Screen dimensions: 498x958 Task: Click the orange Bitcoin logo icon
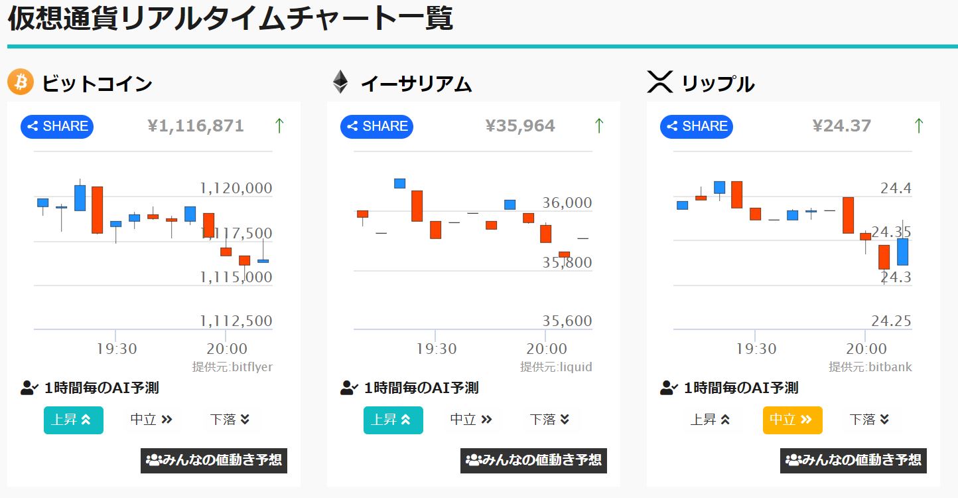pyautogui.click(x=21, y=82)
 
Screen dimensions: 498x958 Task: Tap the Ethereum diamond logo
pyautogui.click(x=340, y=82)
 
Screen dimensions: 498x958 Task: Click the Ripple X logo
pyautogui.click(x=659, y=82)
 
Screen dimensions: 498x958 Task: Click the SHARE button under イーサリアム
pyautogui.click(x=377, y=126)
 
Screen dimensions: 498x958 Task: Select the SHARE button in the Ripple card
pyautogui.click(x=697, y=126)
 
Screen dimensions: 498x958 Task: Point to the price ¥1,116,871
pyautogui.click(x=196, y=126)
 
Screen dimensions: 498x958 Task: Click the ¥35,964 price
pyautogui.click(x=520, y=126)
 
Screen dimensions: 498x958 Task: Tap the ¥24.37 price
pyautogui.click(x=842, y=126)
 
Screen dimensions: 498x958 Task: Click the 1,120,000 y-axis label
pyautogui.click(x=236, y=189)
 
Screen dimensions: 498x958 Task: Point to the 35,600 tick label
pyautogui.click(x=567, y=321)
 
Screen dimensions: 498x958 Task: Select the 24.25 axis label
pyautogui.click(x=892, y=321)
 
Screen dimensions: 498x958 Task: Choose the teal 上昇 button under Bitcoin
pyautogui.click(x=73, y=420)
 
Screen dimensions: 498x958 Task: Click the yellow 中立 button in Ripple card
pyautogui.click(x=792, y=420)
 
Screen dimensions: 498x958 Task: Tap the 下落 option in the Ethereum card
pyautogui.click(x=549, y=420)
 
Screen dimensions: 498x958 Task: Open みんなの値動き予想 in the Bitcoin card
pyautogui.click(x=214, y=460)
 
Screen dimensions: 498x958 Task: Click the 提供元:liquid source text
pyautogui.click(x=556, y=367)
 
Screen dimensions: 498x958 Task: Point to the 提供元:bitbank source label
pyautogui.click(x=870, y=367)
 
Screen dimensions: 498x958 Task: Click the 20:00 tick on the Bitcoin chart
pyautogui.click(x=227, y=349)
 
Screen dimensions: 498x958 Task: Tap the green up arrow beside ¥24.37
pyautogui.click(x=919, y=125)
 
